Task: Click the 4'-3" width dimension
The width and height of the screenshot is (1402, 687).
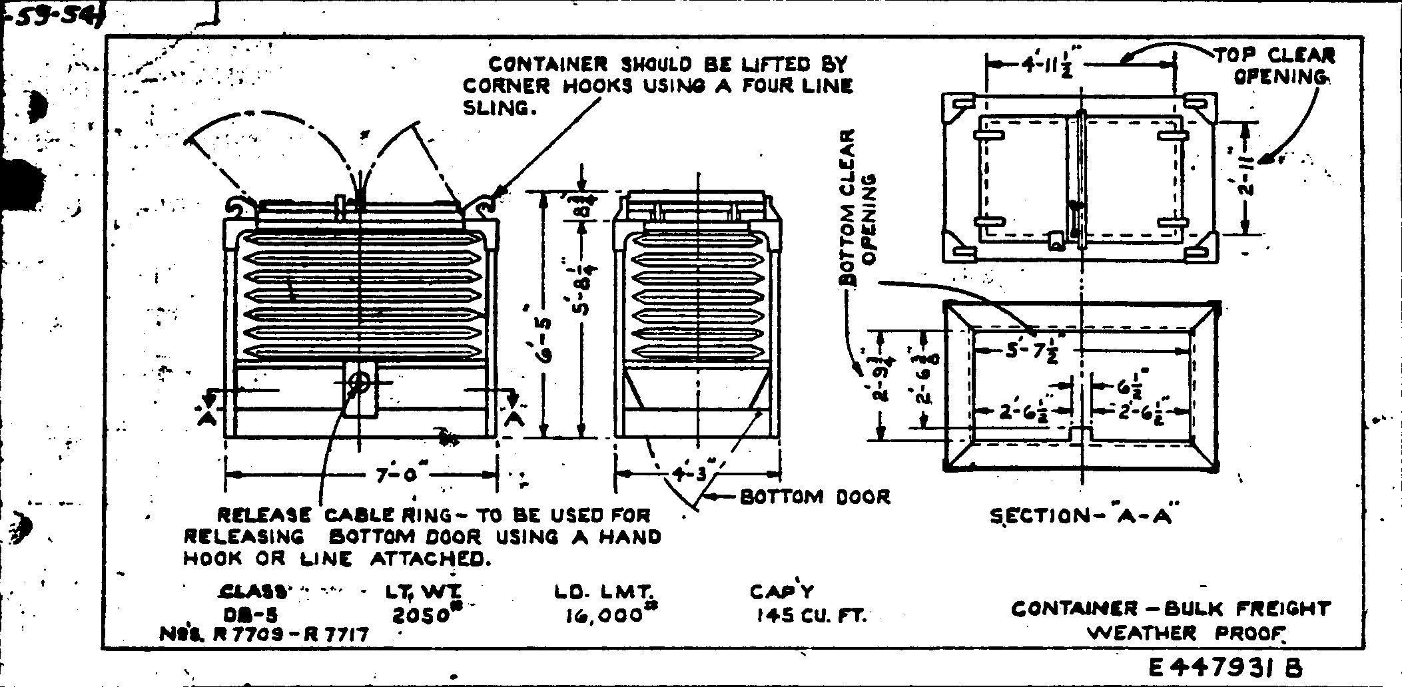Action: click(696, 474)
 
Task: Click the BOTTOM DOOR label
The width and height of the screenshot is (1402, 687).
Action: click(815, 497)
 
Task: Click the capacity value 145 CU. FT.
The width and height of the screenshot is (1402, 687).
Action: click(811, 616)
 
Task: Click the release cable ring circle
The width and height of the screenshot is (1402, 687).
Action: click(360, 383)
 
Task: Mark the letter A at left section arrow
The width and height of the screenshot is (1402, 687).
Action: click(206, 419)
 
